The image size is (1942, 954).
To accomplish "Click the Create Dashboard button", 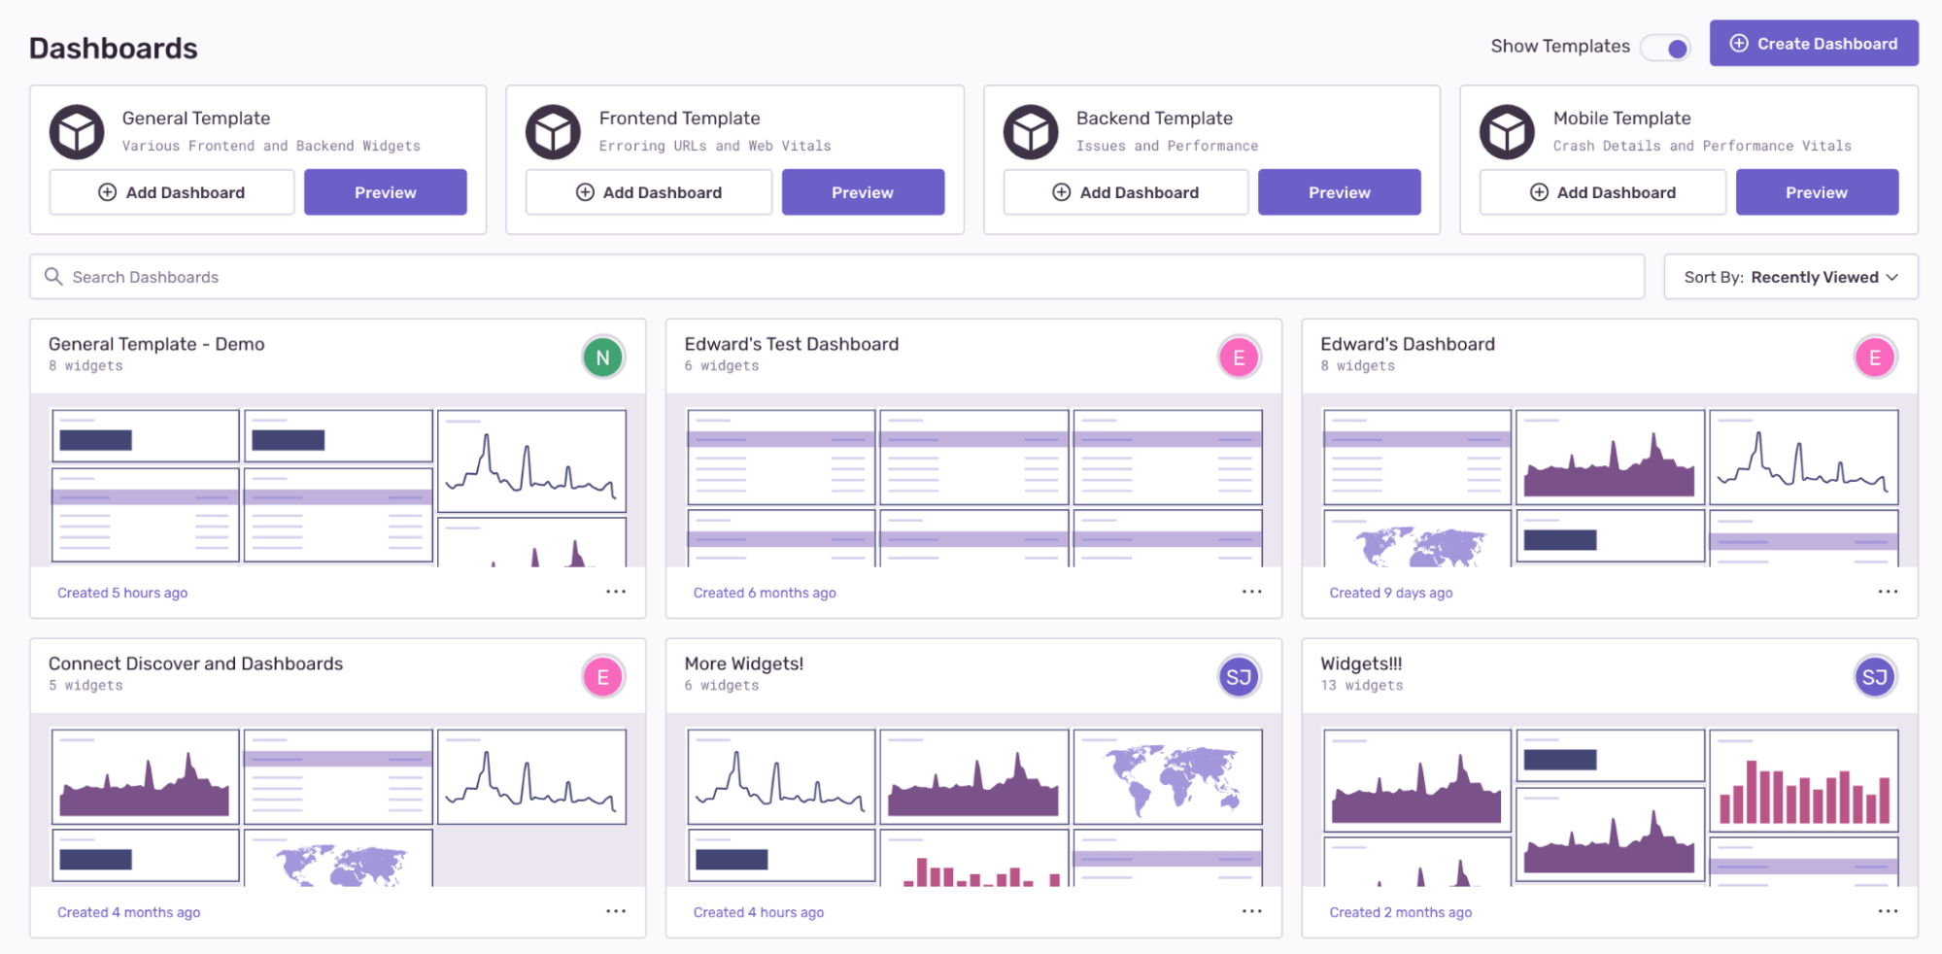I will [1813, 44].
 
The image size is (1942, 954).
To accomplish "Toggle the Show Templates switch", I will [1666, 48].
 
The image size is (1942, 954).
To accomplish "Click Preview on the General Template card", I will [385, 192].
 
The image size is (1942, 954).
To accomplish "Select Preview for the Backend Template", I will [1339, 192].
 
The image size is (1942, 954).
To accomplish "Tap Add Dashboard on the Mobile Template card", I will [1602, 192].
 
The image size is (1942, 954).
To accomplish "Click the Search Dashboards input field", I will [835, 277].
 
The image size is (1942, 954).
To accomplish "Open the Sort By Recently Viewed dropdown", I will [1789, 277].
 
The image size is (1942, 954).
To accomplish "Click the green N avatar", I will [602, 358].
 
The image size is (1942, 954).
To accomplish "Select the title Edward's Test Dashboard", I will [791, 344].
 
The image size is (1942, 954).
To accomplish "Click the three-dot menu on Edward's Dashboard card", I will [1887, 592].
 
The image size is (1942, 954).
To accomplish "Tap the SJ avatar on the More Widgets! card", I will [1238, 677].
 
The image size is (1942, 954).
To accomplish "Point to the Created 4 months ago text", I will [128, 912].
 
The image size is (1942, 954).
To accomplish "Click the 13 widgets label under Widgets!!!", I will [1361, 686].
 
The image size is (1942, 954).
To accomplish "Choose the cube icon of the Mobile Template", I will [1507, 132].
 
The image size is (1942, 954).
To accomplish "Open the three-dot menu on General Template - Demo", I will [616, 592].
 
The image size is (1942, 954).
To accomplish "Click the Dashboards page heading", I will [113, 49].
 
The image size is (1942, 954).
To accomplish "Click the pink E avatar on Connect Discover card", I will [602, 677].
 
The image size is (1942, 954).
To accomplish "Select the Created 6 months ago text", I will [764, 593].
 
